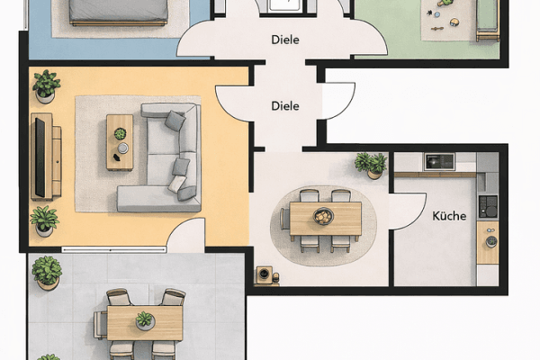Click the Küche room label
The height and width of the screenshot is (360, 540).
(x=448, y=216)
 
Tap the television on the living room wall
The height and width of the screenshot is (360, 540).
(x=40, y=157)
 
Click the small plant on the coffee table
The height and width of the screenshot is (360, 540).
(x=120, y=135)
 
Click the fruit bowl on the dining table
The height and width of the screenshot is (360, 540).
(x=323, y=216)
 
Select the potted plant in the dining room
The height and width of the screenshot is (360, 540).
(x=371, y=164)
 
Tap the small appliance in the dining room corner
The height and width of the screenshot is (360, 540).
(x=265, y=274)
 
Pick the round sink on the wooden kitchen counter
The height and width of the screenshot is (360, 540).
(x=490, y=242)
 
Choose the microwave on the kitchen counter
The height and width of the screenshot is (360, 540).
(x=439, y=161)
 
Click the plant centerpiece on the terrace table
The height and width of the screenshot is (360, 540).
(x=144, y=320)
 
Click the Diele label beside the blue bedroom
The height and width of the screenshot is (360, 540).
(x=285, y=40)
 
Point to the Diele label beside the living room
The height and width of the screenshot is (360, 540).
(x=285, y=106)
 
